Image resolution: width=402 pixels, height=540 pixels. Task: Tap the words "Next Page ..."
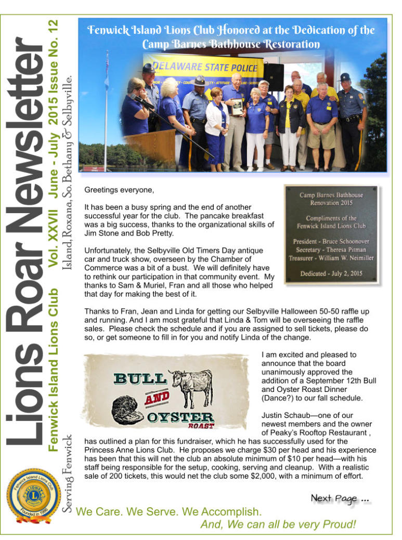pos(340,498)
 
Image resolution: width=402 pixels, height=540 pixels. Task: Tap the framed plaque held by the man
pos(237,107)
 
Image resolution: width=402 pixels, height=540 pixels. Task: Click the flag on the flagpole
pos(107,68)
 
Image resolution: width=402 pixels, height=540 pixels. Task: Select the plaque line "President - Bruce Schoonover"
pos(331,242)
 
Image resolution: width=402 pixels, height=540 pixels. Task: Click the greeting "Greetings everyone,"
pos(119,191)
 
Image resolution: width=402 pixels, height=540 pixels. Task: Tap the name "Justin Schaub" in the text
pos(286,415)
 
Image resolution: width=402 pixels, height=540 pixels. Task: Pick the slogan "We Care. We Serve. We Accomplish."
pos(169,511)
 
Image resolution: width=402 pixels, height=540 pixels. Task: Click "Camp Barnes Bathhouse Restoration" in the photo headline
pos(231,44)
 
